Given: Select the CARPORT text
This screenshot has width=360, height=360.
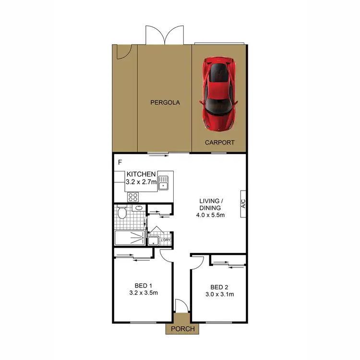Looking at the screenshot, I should [220, 143].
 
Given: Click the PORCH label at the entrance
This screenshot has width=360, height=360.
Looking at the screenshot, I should [182, 329].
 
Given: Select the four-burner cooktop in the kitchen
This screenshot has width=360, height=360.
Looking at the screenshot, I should [133, 196].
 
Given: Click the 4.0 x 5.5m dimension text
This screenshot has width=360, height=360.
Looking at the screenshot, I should [211, 215].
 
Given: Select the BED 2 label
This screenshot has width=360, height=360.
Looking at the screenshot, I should [219, 287].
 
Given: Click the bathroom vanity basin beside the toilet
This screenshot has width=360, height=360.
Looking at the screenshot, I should [138, 208].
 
